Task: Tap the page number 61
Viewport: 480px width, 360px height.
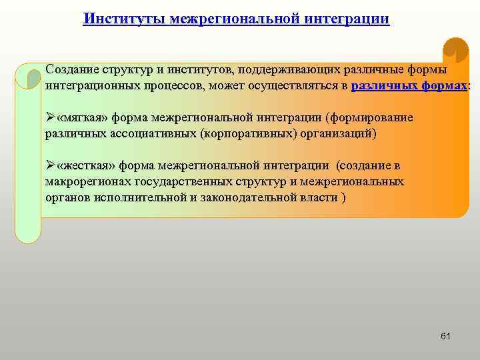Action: [445, 336]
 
